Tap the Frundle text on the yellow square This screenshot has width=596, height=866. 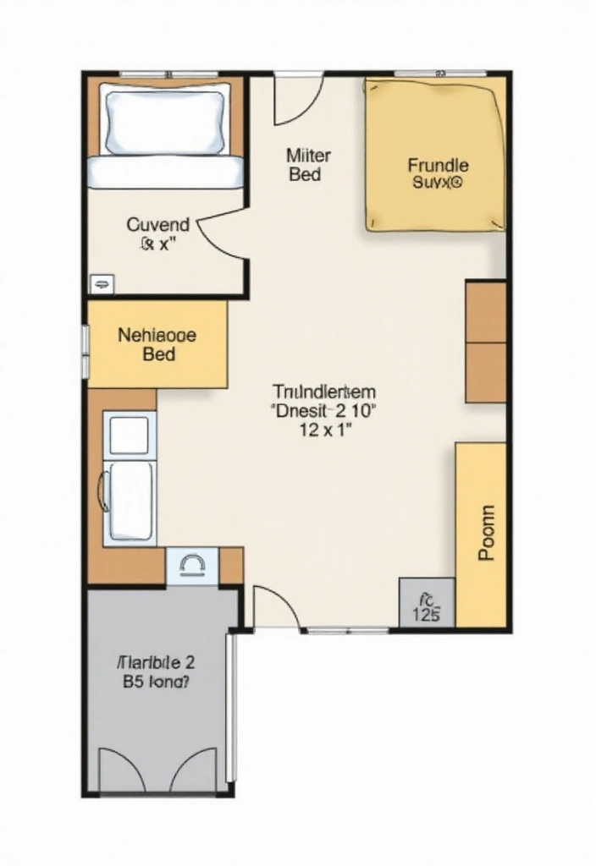click(437, 165)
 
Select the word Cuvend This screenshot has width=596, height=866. click(158, 225)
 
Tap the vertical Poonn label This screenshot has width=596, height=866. click(484, 534)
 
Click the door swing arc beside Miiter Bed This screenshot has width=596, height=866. click(298, 100)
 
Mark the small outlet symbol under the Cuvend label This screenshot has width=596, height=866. click(102, 283)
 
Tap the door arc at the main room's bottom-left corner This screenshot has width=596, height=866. click(273, 607)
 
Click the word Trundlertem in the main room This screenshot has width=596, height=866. click(324, 392)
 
